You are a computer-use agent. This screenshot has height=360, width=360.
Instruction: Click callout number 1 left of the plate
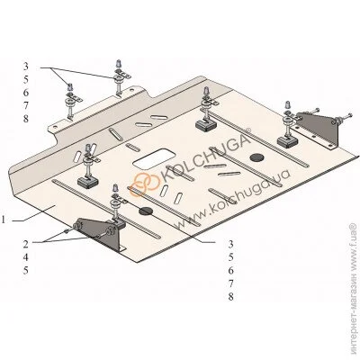[4, 220]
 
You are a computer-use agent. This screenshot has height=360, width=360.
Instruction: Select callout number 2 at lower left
[26, 244]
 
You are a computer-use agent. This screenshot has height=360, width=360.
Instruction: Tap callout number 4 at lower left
[26, 257]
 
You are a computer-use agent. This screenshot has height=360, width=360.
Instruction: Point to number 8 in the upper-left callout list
[26, 119]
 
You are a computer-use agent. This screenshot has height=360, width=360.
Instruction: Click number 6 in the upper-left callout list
[26, 93]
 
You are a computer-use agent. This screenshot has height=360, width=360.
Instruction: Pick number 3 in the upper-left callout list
[26, 67]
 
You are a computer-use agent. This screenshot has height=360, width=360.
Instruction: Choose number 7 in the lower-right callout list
[230, 283]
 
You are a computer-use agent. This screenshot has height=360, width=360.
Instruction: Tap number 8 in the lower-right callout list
[230, 296]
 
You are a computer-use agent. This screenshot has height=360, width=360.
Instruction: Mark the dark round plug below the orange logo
[146, 211]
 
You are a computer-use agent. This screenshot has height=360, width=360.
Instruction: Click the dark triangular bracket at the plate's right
[318, 131]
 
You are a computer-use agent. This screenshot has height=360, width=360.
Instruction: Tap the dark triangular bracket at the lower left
[101, 233]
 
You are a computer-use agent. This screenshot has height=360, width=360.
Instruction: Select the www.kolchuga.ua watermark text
[230, 199]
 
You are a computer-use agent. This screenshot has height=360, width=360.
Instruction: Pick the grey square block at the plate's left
[87, 181]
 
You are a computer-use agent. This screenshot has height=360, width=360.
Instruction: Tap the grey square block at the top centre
[206, 124]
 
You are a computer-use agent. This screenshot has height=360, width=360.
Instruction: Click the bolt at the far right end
[345, 116]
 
